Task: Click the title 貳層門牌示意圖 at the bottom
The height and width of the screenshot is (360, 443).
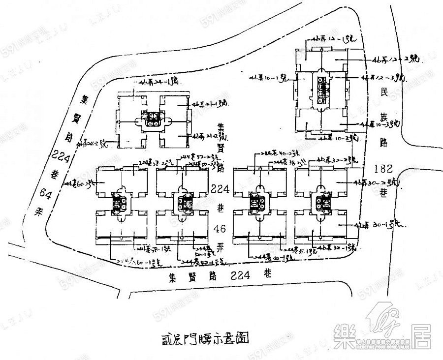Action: pos(203,338)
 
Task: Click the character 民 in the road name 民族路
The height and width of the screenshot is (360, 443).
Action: pos(386,92)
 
